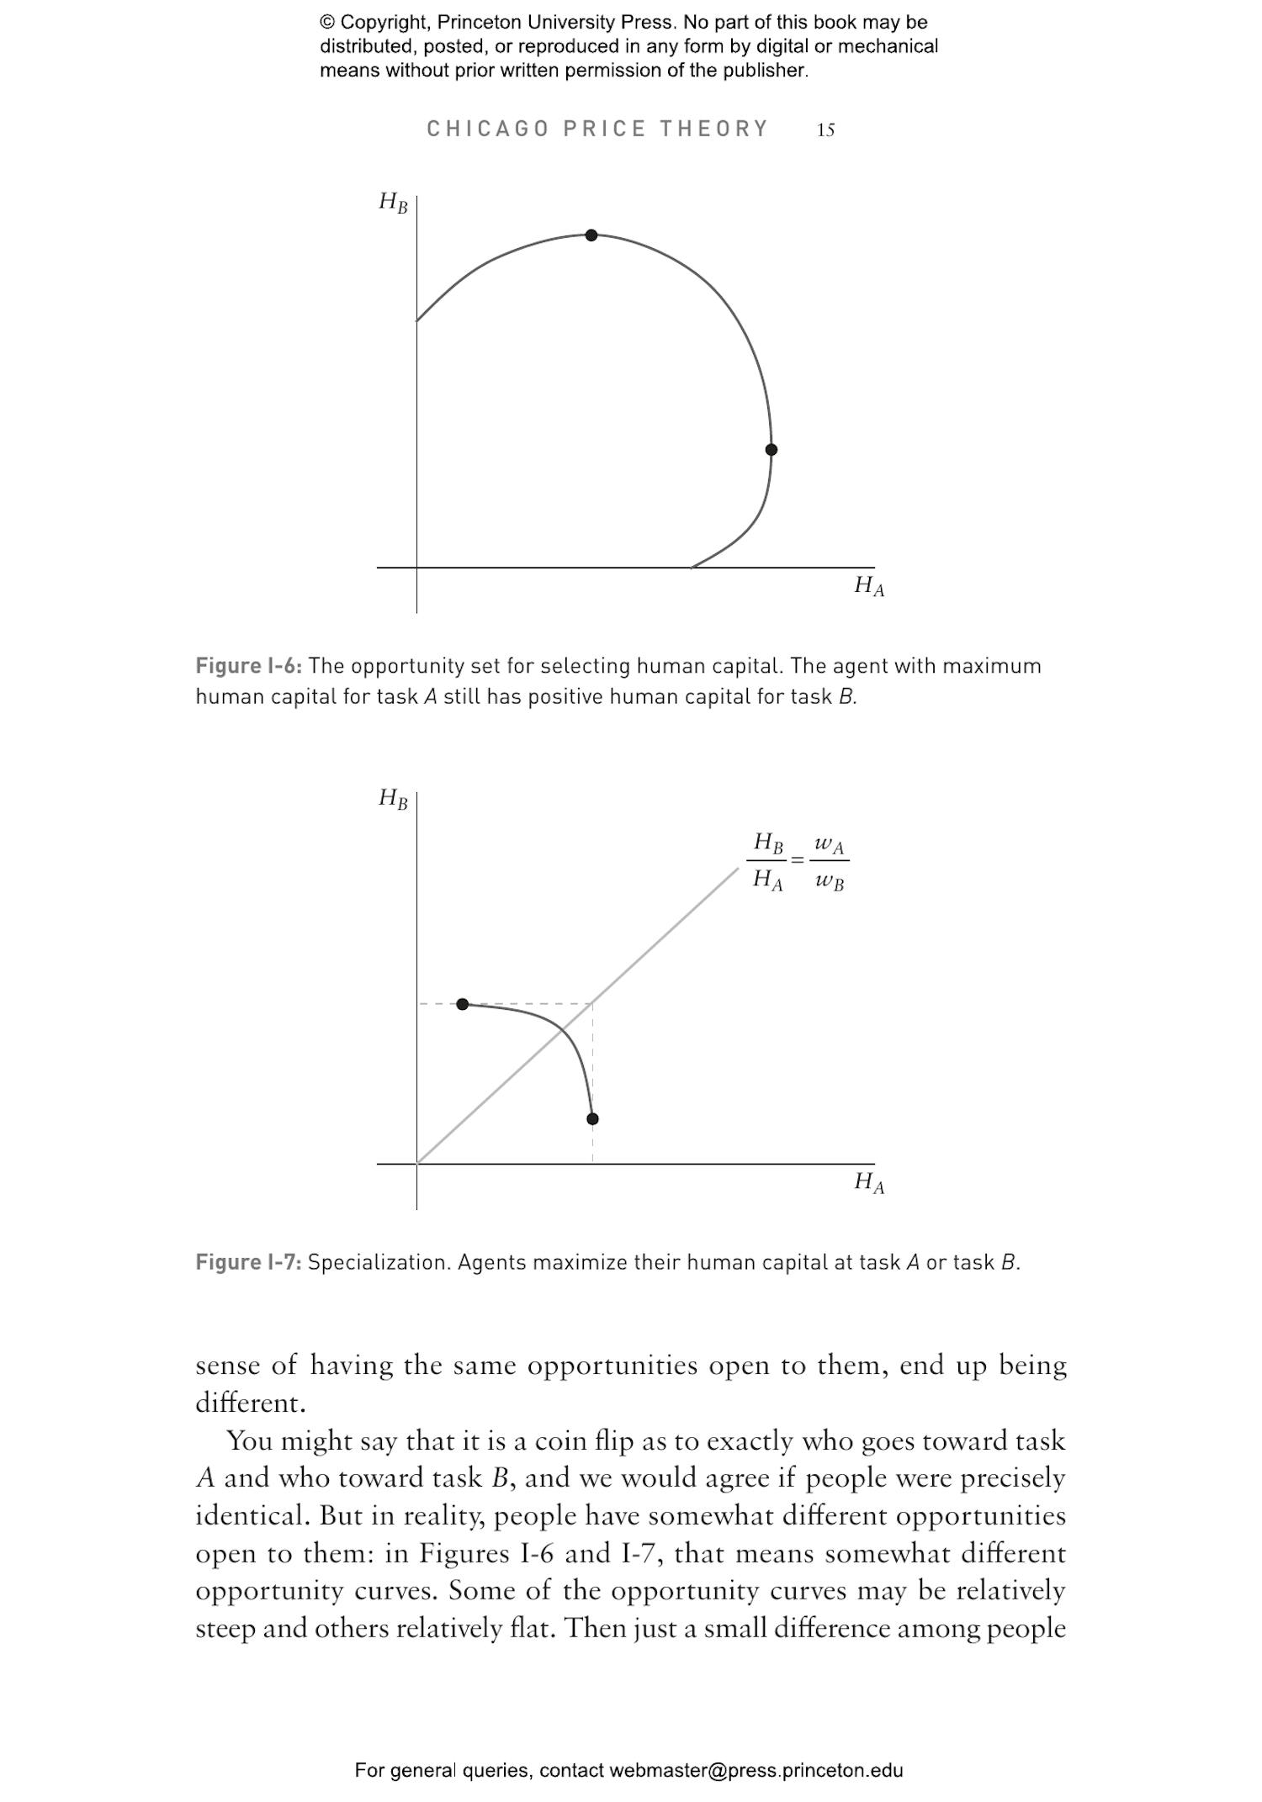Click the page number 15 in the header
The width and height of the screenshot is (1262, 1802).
click(825, 129)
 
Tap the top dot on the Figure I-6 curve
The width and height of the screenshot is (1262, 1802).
click(591, 235)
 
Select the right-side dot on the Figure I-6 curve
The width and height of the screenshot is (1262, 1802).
click(771, 450)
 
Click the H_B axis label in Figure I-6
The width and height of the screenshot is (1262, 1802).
click(393, 203)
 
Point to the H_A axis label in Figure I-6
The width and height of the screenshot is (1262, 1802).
click(869, 585)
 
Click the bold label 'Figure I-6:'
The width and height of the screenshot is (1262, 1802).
click(248, 666)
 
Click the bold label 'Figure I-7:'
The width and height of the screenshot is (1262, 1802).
click(248, 1262)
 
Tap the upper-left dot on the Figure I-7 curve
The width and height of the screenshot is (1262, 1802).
click(462, 1004)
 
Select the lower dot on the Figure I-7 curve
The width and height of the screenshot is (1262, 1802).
click(592, 1118)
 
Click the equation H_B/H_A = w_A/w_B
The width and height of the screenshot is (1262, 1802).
click(798, 860)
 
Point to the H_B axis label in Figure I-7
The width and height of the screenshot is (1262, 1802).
click(393, 798)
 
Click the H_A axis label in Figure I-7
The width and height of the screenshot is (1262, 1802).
click(869, 1181)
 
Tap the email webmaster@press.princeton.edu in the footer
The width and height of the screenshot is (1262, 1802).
click(756, 1770)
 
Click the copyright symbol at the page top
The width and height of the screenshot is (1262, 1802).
click(328, 23)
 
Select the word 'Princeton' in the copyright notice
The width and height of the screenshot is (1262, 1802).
click(479, 23)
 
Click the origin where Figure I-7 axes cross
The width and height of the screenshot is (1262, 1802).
click(416, 1164)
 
